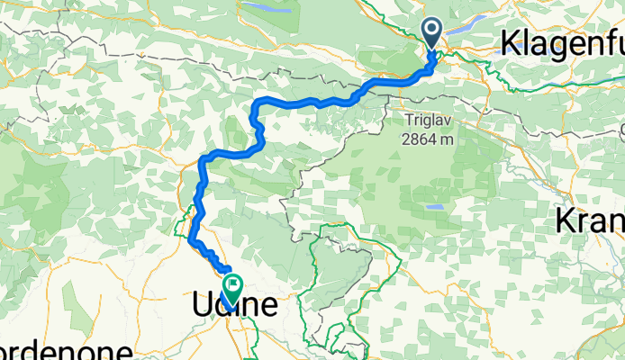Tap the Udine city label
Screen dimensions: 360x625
coord(235,306)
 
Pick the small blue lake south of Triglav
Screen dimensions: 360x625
coord(435,206)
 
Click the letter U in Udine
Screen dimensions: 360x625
coord(204,306)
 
